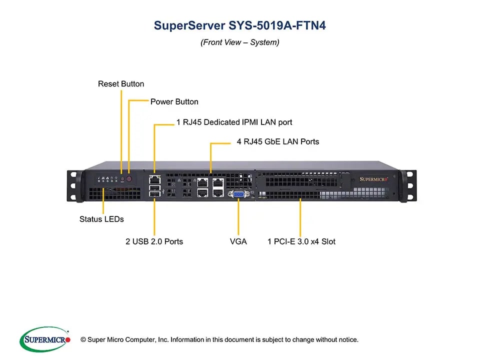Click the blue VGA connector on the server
238,194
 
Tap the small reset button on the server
122,179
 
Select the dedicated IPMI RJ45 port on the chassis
155,179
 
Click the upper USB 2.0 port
155,187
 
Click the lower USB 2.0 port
155,194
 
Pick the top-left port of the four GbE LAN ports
202,183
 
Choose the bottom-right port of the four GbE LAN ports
218,192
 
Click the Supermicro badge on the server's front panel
373,179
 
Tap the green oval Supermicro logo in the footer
45,339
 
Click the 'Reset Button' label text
121,84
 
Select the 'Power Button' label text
174,101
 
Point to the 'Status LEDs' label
101,219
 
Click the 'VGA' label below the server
238,241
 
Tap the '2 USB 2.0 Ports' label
154,241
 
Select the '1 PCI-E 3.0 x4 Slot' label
301,241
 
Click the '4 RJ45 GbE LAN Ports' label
278,141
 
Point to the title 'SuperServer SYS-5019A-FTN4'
239,25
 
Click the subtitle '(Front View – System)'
240,42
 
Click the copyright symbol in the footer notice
83,339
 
